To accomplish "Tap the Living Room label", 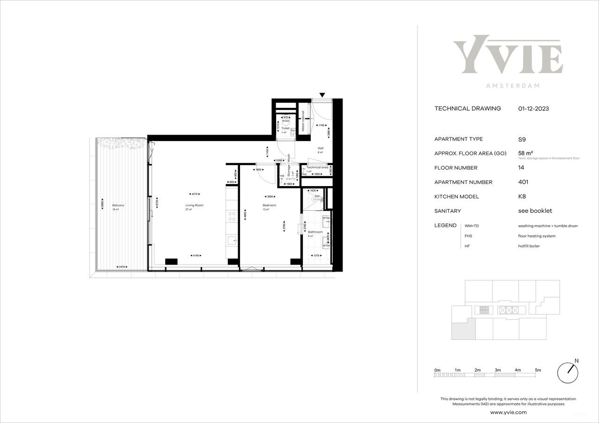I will (194, 205).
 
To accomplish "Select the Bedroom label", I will (270, 205).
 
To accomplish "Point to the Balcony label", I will (118, 205).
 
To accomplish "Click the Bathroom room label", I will (315, 232).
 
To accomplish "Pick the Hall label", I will (321, 148).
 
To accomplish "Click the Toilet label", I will (285, 128).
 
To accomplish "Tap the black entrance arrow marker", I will (322, 95).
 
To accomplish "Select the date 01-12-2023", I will (533, 109).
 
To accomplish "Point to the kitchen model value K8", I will (522, 197).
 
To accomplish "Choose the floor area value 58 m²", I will (526, 153).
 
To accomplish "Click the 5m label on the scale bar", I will (538, 370).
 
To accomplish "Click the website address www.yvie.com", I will (508, 412).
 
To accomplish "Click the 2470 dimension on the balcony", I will (123, 267).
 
